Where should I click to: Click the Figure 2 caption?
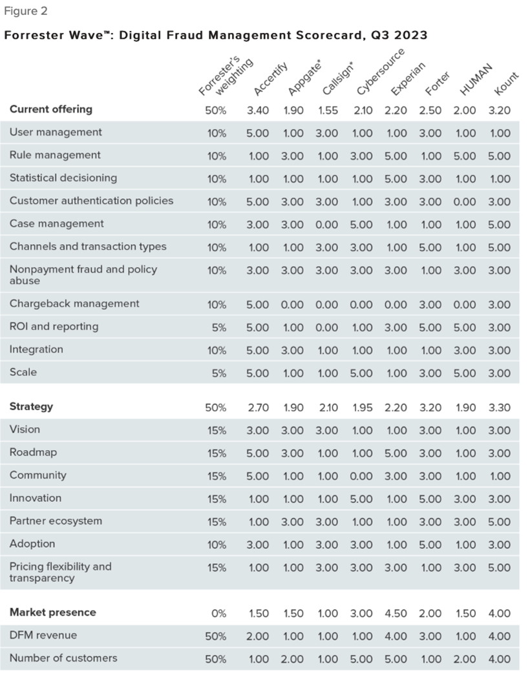click(26, 12)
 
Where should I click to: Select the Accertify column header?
click(271, 79)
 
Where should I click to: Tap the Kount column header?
click(506, 84)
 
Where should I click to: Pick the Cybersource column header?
click(381, 72)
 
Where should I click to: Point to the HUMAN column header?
click(476, 79)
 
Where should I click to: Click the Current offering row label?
click(51, 110)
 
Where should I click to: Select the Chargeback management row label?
click(74, 304)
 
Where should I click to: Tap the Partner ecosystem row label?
click(56, 521)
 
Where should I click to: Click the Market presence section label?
click(53, 612)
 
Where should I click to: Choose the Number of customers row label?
click(63, 658)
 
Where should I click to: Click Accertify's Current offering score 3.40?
click(258, 110)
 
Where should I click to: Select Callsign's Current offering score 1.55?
click(328, 110)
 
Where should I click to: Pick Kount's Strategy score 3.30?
click(500, 408)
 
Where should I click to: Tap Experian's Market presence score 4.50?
click(396, 614)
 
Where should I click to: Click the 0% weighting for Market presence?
click(218, 614)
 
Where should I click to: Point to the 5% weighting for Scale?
click(219, 373)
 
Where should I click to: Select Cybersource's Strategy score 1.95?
click(363, 408)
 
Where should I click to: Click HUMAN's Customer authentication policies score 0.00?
click(465, 202)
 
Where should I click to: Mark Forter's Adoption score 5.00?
click(430, 545)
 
